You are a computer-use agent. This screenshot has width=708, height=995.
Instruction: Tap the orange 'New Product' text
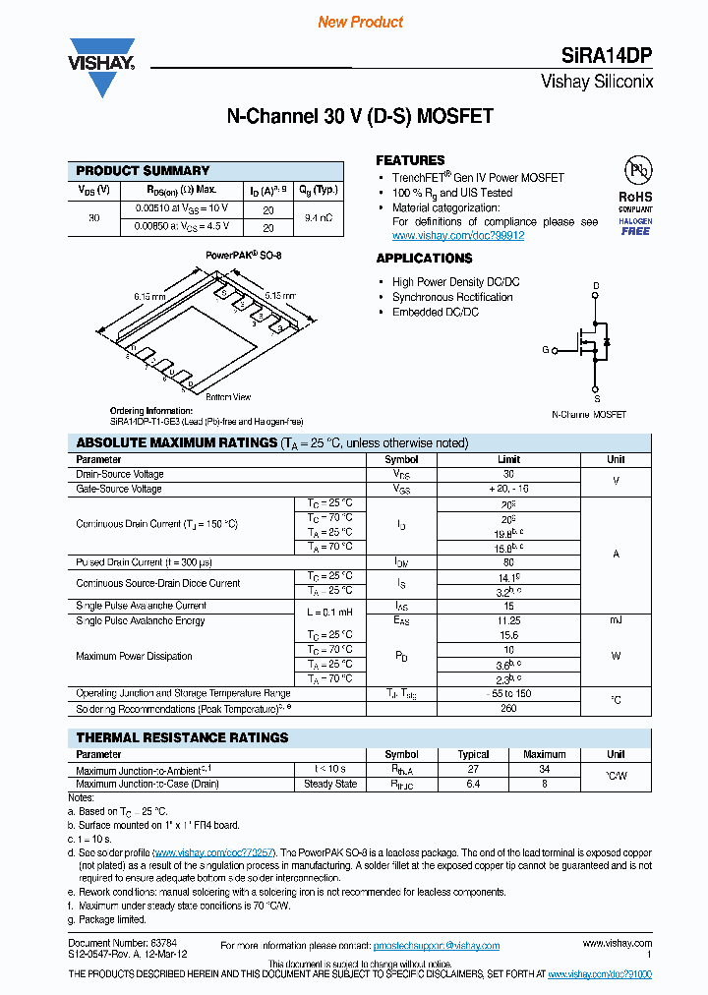pyautogui.click(x=361, y=22)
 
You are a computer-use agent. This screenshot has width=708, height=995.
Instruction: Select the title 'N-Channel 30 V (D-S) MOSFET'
pyautogui.click(x=360, y=117)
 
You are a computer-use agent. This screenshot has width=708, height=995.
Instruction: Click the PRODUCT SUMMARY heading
pyautogui.click(x=143, y=170)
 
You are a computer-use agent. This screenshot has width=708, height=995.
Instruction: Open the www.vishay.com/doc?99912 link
pyautogui.click(x=457, y=236)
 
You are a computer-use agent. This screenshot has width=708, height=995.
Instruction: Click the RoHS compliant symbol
pyautogui.click(x=635, y=194)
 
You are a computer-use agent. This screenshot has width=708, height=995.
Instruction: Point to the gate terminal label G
pyautogui.click(x=546, y=349)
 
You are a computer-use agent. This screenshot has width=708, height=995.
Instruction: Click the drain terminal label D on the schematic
pyautogui.click(x=596, y=287)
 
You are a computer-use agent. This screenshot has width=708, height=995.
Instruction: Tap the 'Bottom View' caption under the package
pyautogui.click(x=228, y=397)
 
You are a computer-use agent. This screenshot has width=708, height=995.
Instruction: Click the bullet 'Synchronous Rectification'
pyautogui.click(x=452, y=297)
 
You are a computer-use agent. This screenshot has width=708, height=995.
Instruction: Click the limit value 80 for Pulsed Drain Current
pyautogui.click(x=508, y=562)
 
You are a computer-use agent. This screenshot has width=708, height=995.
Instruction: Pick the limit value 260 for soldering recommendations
pyautogui.click(x=508, y=708)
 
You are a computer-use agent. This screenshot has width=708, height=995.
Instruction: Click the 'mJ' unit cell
pyautogui.click(x=616, y=620)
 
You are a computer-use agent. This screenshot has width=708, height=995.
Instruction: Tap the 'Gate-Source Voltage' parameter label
pyautogui.click(x=119, y=489)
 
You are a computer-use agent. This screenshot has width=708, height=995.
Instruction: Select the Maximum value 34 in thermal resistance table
pyautogui.click(x=544, y=769)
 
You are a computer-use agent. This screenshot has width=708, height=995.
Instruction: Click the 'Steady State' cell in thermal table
pyautogui.click(x=330, y=784)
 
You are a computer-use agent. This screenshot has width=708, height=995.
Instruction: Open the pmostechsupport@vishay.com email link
pyautogui.click(x=436, y=946)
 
